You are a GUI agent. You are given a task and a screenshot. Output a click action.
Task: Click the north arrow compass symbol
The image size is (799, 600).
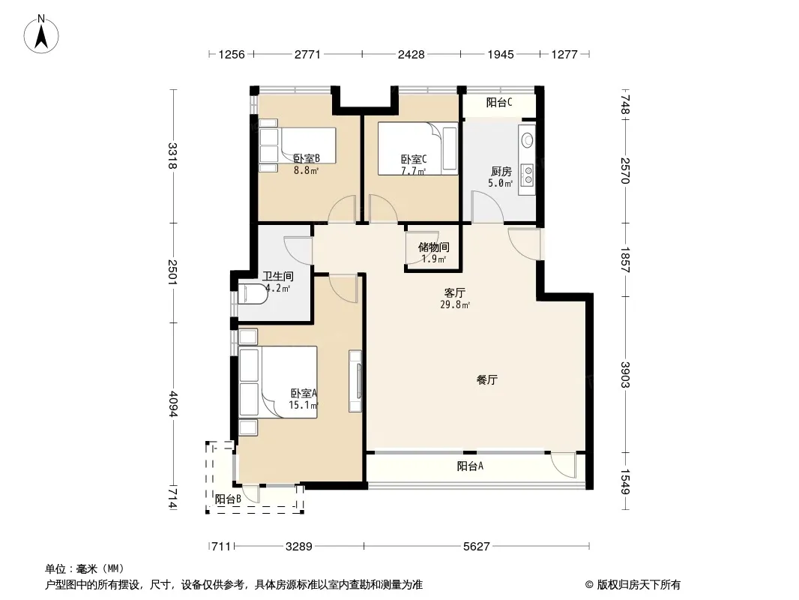click(41, 34)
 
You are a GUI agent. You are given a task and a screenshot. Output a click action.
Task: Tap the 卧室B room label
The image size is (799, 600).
click(307, 159)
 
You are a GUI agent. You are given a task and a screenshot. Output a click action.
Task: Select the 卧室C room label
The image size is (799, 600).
click(414, 160)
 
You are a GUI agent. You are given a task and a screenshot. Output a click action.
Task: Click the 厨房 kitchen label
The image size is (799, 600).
click(501, 171)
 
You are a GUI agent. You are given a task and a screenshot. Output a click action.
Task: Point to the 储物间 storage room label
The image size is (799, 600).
click(434, 247)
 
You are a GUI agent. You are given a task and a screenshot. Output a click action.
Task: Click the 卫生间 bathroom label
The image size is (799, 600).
click(278, 276)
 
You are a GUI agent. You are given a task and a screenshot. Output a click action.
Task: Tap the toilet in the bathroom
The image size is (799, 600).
click(253, 294)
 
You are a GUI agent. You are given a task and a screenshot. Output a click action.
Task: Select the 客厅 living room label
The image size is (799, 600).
click(454, 292)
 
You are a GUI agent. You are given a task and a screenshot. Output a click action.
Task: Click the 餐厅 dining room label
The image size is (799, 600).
click(487, 379)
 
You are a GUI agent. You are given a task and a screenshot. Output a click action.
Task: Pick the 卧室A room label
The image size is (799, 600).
click(304, 394)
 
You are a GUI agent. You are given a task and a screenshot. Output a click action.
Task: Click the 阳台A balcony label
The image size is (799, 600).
click(470, 466)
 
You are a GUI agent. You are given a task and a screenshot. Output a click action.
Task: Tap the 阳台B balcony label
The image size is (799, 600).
click(228, 499)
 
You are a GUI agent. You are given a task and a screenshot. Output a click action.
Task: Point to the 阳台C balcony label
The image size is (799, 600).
click(499, 103)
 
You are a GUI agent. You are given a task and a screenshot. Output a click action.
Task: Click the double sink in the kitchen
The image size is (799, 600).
click(528, 174)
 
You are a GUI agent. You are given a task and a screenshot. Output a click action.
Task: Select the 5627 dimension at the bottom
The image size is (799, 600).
click(477, 547)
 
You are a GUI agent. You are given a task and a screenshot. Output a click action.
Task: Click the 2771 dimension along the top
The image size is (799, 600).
click(308, 54)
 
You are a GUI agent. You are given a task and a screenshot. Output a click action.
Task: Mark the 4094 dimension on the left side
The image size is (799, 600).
click(173, 403)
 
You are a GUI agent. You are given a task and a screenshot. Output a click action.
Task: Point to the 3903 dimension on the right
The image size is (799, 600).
click(625, 375)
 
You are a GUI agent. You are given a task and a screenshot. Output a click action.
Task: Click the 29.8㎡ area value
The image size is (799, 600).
click(455, 304)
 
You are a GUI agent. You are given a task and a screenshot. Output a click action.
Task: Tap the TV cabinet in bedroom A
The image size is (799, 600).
click(355, 381)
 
